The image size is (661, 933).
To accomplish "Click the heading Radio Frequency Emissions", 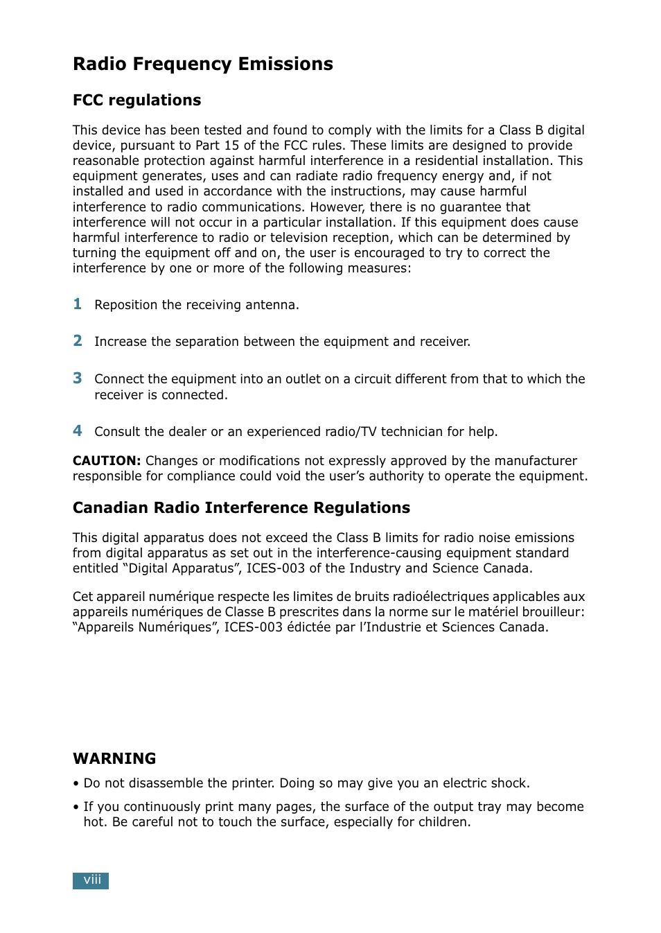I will point(203,64).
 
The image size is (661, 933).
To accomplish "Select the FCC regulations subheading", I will point(136,101).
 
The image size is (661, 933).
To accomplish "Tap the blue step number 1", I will point(78,304).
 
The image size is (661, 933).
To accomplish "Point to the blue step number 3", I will point(78,378).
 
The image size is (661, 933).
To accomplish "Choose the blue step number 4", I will point(78,430).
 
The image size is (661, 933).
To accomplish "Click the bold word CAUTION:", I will point(107,461).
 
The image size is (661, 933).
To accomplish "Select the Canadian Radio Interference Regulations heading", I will point(241,508).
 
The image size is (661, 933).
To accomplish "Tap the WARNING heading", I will point(114,758).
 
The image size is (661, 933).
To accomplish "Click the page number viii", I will point(91,880).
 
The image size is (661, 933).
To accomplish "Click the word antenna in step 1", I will point(271,305).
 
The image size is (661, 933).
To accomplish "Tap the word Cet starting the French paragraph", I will point(82,597).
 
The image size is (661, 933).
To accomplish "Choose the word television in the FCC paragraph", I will point(303,238).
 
